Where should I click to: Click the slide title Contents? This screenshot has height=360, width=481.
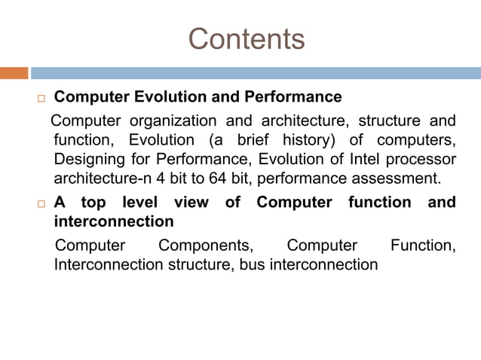[x=246, y=38]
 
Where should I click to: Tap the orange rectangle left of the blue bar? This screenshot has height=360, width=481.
[x=14, y=73]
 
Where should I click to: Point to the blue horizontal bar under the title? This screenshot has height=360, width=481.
[x=256, y=73]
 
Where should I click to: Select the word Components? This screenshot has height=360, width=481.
[x=206, y=246]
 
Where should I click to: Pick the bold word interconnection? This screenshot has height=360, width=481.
[x=114, y=222]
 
